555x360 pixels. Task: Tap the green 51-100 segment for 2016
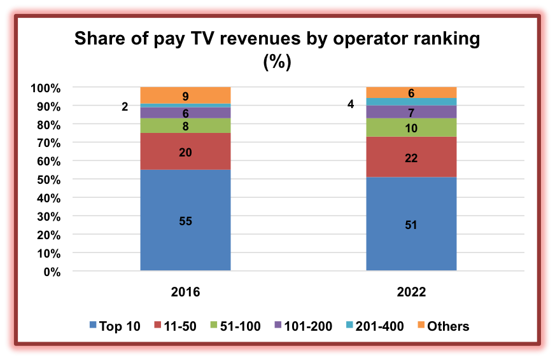tap(185, 125)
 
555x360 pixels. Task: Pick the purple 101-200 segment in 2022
tap(411, 111)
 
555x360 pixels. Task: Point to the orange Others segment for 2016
tap(185, 95)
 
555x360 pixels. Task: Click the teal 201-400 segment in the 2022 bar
tap(411, 102)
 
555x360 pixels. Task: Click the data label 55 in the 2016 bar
tap(185, 221)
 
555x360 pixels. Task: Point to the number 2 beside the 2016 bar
tap(125, 107)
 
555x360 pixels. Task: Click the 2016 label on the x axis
tap(185, 293)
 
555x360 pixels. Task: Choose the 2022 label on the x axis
tap(411, 293)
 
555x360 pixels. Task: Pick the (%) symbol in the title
tap(277, 62)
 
